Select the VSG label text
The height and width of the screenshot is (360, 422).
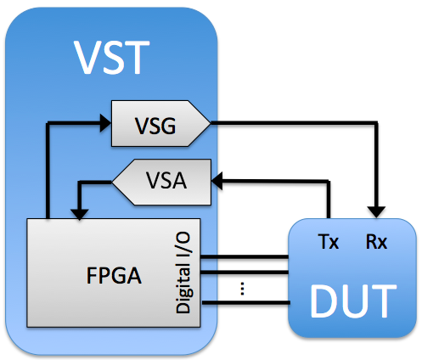tap(156, 126)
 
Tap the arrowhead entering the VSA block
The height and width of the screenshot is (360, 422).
tap(217, 179)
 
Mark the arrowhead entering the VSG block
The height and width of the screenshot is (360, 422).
tap(105, 126)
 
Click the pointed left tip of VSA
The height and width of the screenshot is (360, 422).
tap(115, 181)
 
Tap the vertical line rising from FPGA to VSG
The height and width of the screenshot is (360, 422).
tap(48, 170)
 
